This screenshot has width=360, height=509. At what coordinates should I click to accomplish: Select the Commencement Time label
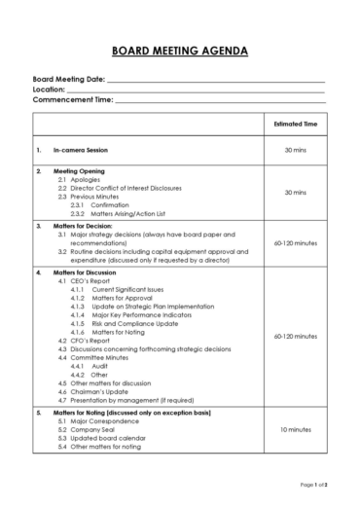[73, 99]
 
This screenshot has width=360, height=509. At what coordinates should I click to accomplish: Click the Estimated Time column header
[297, 125]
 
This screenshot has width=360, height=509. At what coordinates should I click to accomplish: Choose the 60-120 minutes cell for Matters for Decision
[297, 243]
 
